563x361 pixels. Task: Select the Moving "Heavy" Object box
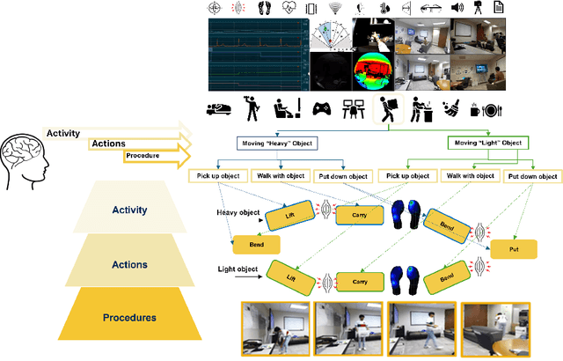click(276, 143)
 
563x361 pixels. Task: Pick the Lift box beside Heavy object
click(290, 215)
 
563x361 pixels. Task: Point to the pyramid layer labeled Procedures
click(129, 317)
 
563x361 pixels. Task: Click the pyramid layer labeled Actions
click(129, 264)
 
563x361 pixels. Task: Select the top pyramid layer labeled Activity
click(129, 210)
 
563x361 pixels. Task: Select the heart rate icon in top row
click(289, 8)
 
